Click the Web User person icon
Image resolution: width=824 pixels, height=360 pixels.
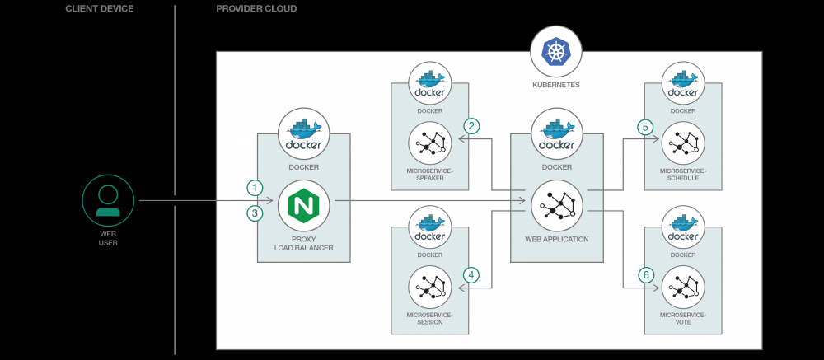(x=108, y=200)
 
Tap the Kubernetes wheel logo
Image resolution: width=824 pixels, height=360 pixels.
(x=556, y=52)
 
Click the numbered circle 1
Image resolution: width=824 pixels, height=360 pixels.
(x=256, y=187)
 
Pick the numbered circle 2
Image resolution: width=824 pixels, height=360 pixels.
(x=471, y=126)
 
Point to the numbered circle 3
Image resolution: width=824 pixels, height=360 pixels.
(x=256, y=213)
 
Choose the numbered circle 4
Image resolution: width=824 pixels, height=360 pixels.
(x=471, y=275)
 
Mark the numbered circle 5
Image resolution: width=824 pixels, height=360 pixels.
(x=646, y=127)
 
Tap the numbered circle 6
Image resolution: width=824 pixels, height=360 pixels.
(x=646, y=275)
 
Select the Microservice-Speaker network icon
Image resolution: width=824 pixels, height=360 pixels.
(x=429, y=143)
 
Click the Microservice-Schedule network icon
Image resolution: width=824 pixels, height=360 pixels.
(x=683, y=143)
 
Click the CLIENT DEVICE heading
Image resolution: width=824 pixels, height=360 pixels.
(x=100, y=9)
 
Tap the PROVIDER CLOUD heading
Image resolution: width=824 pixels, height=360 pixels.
(x=256, y=9)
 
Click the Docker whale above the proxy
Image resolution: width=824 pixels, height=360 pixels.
(x=303, y=134)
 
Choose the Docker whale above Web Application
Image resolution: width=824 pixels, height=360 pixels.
(x=556, y=134)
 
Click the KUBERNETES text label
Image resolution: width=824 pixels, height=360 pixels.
(x=556, y=84)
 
